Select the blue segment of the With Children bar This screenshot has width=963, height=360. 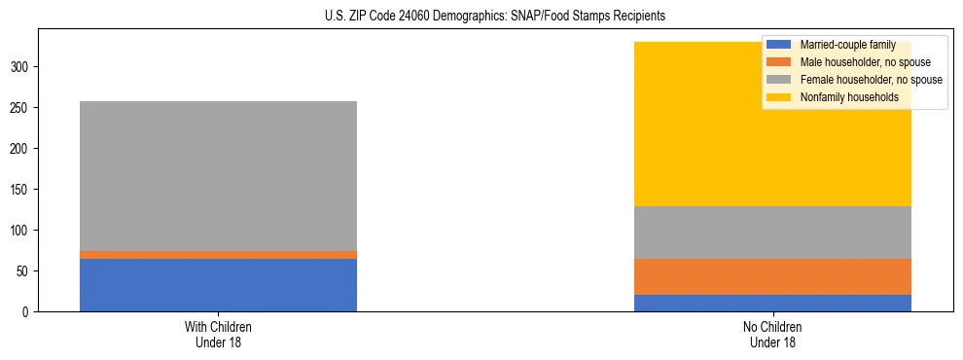(x=218, y=285)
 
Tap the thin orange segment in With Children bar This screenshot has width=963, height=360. (x=218, y=255)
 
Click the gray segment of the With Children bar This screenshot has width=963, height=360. (x=218, y=176)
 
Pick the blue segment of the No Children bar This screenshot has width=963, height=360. (x=772, y=303)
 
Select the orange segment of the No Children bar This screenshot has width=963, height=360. (x=772, y=276)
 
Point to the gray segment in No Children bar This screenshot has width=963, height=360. (x=772, y=233)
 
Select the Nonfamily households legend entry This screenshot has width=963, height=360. (x=849, y=97)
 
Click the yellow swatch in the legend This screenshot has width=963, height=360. (x=779, y=97)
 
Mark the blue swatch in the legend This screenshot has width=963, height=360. (x=779, y=45)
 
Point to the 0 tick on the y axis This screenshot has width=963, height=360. (x=29, y=312)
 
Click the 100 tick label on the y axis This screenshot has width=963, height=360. (x=23, y=231)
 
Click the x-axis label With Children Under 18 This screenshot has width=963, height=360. (x=218, y=335)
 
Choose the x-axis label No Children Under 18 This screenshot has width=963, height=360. (x=772, y=335)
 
